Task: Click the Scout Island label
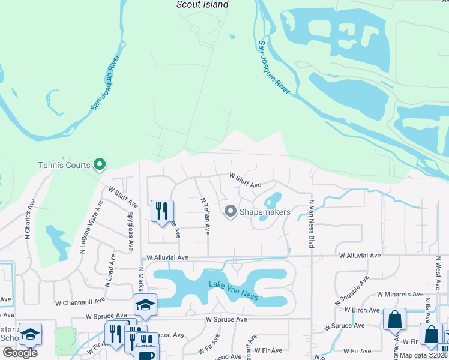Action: pos(202,5)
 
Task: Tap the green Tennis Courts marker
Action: pos(100,164)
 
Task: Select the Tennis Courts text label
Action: pos(64,165)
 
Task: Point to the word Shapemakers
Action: pos(265,212)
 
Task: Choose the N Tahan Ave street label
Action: pos(205,216)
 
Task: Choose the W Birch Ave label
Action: pos(362,310)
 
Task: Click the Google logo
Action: pos(20,353)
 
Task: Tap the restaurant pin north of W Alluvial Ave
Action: pos(162,211)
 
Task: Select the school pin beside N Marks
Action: pos(145,305)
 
